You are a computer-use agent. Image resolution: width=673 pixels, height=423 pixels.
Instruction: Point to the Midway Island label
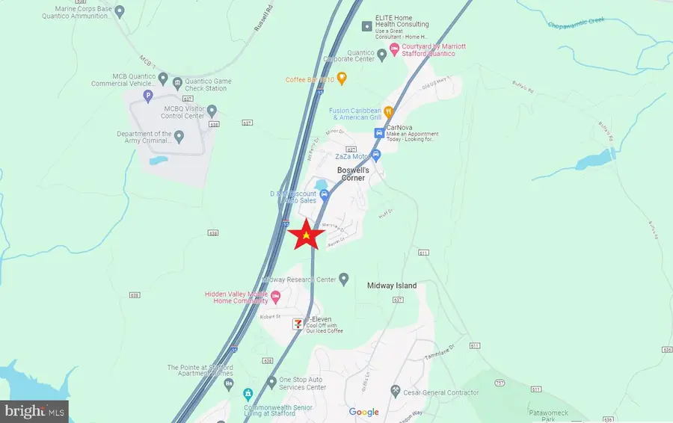[x=392, y=286]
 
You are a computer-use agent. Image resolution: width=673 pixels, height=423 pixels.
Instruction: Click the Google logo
[x=364, y=412]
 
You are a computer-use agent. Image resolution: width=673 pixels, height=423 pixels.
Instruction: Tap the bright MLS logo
[x=34, y=410]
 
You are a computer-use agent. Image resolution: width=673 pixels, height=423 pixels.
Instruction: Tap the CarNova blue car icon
[x=378, y=133]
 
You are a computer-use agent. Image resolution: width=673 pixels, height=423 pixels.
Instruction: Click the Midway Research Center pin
[x=343, y=279]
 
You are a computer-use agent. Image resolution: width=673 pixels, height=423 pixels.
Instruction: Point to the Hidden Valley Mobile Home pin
[x=275, y=297]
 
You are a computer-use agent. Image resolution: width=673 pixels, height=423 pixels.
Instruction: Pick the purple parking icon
[x=148, y=96]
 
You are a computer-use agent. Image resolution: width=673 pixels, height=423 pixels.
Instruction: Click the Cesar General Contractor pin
[x=396, y=392]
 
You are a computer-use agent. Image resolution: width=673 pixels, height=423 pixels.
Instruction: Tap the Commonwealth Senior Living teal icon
[x=248, y=394]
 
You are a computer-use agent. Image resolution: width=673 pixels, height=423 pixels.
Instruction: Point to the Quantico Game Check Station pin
[x=177, y=82]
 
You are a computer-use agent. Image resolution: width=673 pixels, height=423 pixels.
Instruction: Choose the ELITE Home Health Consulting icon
[x=366, y=26]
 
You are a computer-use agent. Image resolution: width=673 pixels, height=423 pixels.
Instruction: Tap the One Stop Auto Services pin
[x=272, y=383]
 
